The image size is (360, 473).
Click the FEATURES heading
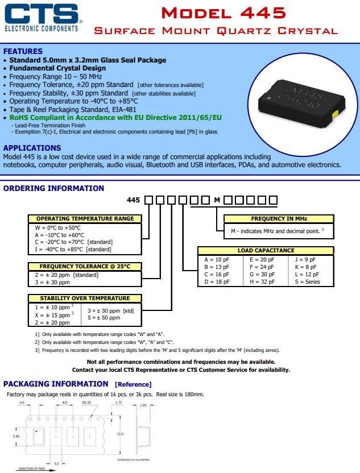[23, 51]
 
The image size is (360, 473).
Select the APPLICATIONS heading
[32, 148]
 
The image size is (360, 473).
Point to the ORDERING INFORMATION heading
[54, 188]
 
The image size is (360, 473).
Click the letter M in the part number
[217, 200]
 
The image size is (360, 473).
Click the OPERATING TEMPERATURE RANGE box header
[85, 218]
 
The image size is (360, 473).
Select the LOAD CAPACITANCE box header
[266, 250]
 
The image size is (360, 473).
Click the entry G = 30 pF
[262, 274]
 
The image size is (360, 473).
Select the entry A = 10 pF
[217, 259]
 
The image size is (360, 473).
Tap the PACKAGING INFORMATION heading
[56, 384]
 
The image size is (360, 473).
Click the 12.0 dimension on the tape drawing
[120, 434]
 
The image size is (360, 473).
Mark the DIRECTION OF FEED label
[32, 469]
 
